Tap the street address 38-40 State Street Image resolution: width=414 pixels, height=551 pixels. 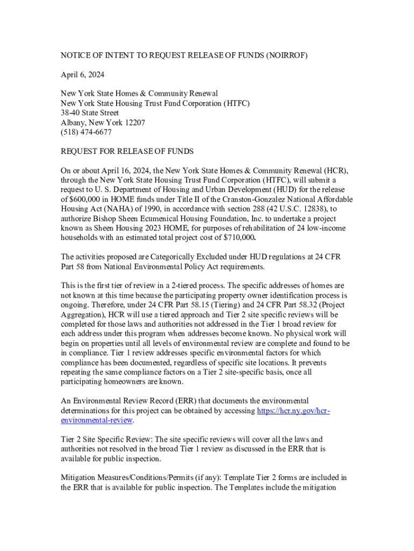90,113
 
